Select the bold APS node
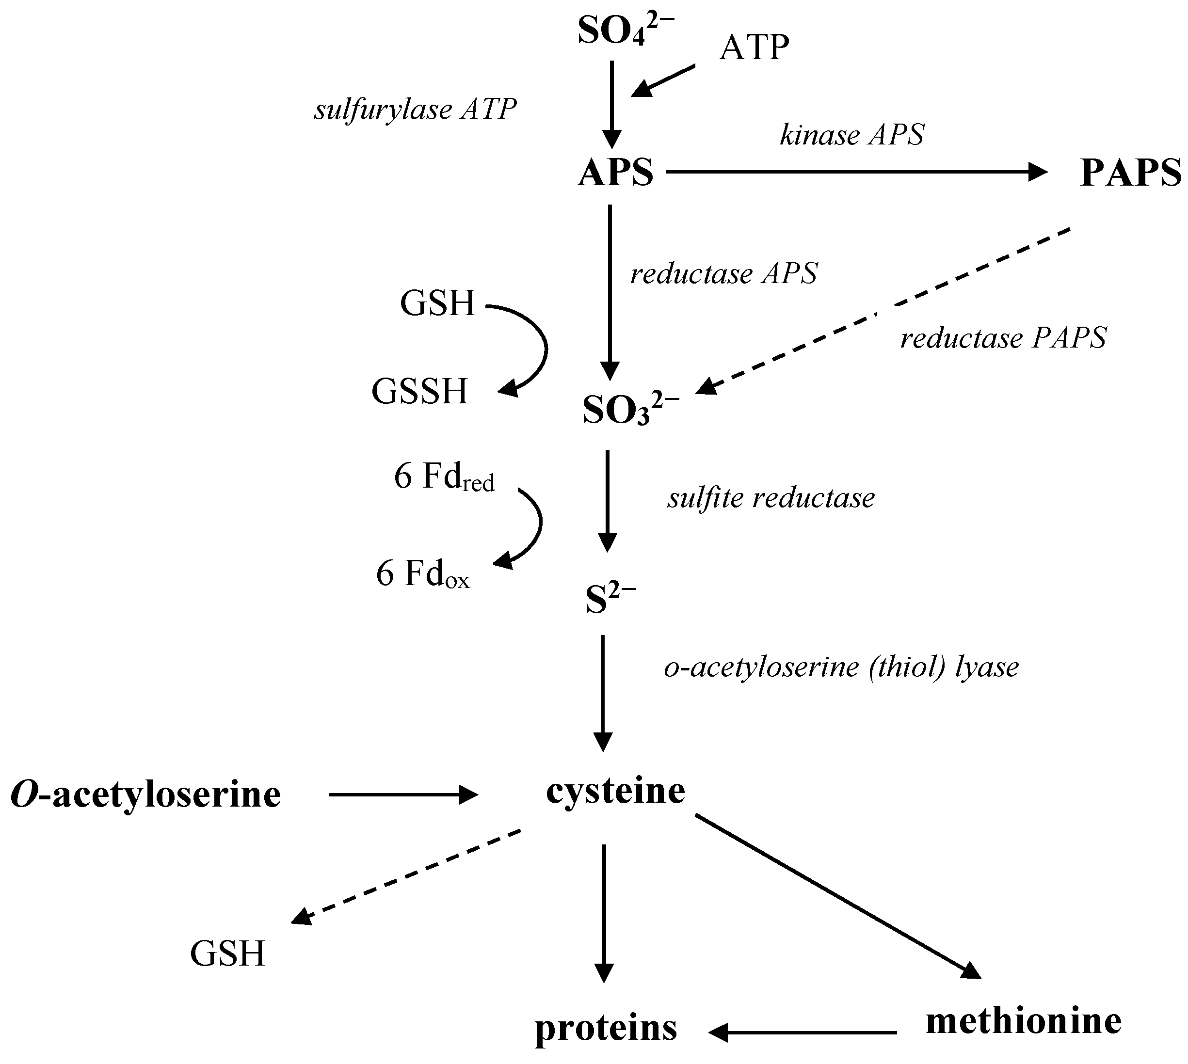[615, 173]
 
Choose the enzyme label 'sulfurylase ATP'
[415, 110]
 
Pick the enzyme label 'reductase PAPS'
[1003, 338]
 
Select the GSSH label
[419, 391]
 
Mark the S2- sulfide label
[610, 600]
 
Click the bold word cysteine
[615, 792]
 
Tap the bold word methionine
[1024, 1021]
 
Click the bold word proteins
[606, 1028]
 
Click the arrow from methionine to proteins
[803, 1033]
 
